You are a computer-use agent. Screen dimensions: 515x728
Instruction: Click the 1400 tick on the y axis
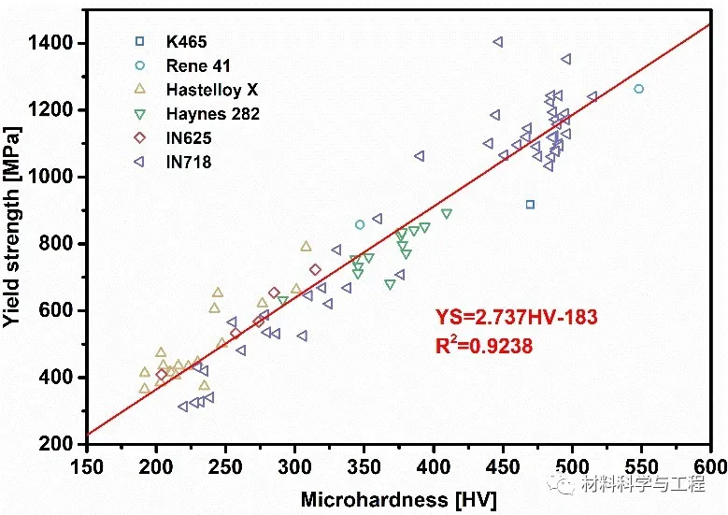[x=59, y=43]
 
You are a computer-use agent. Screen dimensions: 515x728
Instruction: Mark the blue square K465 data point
[x=530, y=205]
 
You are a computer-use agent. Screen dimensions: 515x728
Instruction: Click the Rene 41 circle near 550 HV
[x=638, y=89]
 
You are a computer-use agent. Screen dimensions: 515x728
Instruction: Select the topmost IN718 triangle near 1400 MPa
[x=498, y=42]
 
